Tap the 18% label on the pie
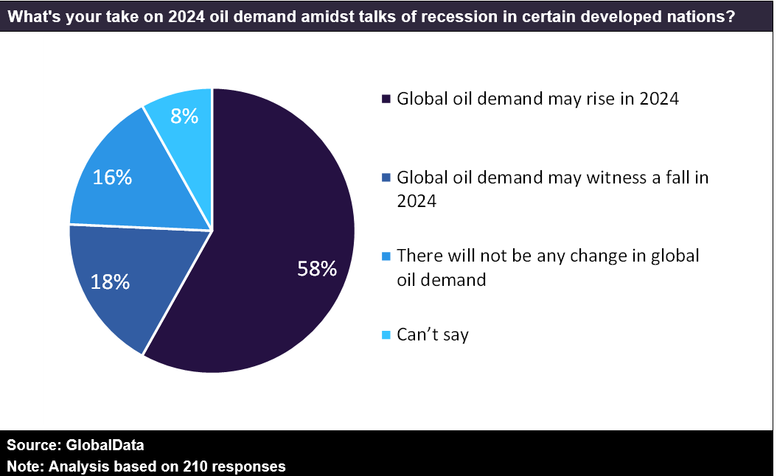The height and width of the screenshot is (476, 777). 111,281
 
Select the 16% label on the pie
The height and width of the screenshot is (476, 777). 112,177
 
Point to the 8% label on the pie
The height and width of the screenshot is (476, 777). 184,116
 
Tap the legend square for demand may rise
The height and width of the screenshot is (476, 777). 385,99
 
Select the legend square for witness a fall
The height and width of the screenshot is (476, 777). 385,178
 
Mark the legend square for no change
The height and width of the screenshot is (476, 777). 385,257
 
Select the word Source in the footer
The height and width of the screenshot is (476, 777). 30,446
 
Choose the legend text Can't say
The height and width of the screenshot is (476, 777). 433,335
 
